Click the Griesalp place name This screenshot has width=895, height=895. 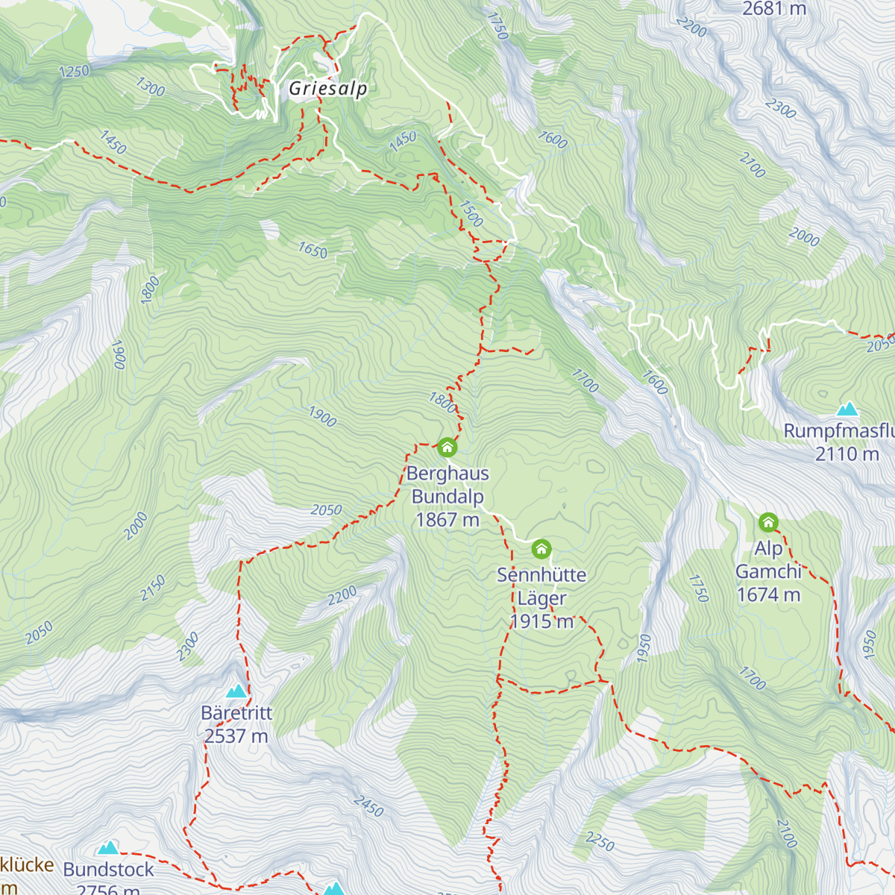tap(328, 89)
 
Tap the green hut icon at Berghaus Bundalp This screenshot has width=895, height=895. tap(447, 447)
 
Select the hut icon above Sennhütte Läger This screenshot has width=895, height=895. tap(541, 550)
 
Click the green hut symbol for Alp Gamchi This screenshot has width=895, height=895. tap(768, 522)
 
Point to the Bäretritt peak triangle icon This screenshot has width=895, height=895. tap(236, 691)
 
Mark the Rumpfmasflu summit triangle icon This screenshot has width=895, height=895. tap(847, 409)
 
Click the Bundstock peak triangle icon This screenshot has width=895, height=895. tap(108, 848)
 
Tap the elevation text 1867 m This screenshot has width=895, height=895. tap(447, 520)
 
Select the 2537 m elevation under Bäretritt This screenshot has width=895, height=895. tap(236, 736)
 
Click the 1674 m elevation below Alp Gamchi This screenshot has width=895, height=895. tap(768, 594)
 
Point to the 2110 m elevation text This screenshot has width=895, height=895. tap(847, 454)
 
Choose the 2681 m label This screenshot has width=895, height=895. tap(774, 9)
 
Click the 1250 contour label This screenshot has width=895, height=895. tap(74, 72)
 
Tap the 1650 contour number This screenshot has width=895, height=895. tap(313, 251)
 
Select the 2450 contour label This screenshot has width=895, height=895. tap(368, 806)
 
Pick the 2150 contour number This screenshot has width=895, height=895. tap(153, 588)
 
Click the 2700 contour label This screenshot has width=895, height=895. tap(752, 166)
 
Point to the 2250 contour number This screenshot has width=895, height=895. tap(600, 842)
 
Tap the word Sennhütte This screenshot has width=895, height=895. tap(541, 575)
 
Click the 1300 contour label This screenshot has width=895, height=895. tap(150, 87)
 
